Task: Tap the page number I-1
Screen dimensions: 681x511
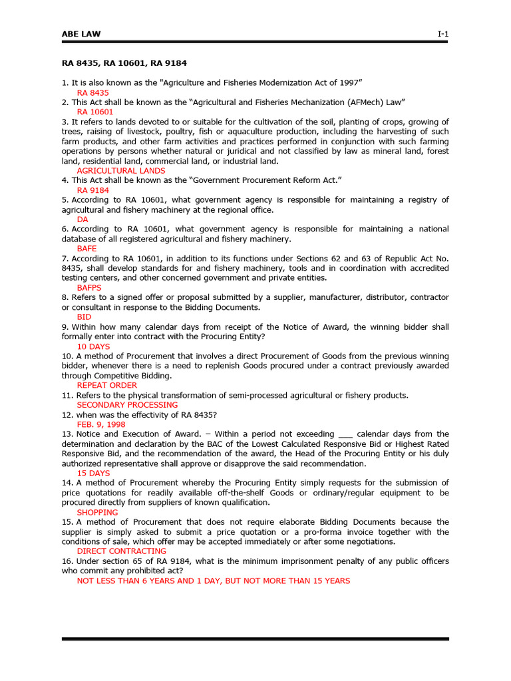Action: coord(442,34)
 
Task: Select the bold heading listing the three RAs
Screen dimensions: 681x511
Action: coord(124,63)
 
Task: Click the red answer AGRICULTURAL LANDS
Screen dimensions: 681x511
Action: coord(120,171)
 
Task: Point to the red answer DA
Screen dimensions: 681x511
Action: coord(83,219)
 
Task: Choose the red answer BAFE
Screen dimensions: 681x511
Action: coord(87,249)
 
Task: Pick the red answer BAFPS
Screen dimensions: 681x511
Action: coord(89,288)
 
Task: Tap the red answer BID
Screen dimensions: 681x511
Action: coord(84,317)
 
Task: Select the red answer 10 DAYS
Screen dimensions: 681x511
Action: coord(93,346)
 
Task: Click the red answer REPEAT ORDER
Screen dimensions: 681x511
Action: coord(106,385)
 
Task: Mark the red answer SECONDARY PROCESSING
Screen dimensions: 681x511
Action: coord(127,404)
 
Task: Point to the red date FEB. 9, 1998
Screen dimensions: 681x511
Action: coord(100,424)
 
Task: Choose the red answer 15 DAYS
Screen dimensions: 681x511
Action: coord(93,474)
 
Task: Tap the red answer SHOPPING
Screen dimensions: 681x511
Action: coord(97,513)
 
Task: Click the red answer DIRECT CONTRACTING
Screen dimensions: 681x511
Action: coord(121,551)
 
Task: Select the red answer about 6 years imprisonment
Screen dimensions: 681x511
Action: coord(213,581)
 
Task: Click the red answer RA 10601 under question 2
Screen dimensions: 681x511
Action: coord(95,112)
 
